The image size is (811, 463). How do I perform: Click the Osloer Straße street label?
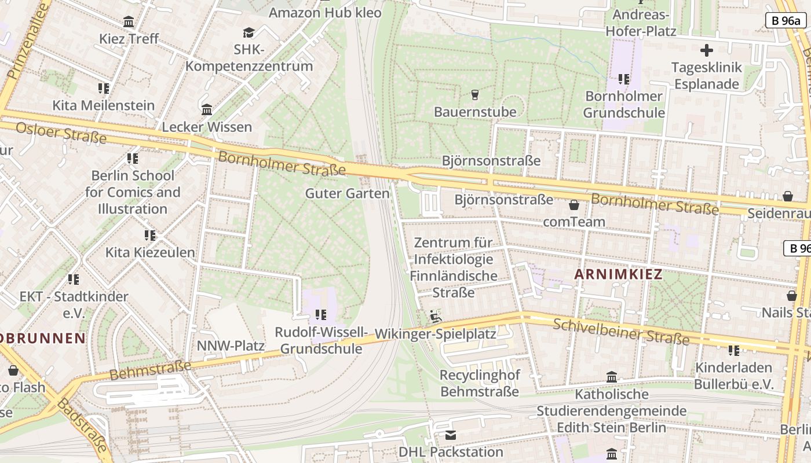(61, 133)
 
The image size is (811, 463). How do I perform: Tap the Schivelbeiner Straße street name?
(621, 332)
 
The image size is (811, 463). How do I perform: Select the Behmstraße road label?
(150, 370)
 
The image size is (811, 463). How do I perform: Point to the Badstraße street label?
(84, 425)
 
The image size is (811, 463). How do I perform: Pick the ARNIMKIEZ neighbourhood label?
(618, 275)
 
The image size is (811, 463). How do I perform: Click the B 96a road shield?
(786, 20)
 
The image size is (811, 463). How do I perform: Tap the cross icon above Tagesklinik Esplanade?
(706, 50)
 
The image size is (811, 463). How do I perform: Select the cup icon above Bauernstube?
(475, 94)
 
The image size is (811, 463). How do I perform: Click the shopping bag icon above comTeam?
(573, 205)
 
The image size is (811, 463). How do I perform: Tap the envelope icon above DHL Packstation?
(451, 435)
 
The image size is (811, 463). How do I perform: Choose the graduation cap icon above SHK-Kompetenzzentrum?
(249, 32)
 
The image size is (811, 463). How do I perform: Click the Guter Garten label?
(347, 193)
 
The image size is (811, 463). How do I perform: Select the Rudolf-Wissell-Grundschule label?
(321, 340)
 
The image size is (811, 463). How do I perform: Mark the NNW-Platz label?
(231, 346)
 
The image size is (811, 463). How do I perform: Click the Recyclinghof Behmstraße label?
(480, 383)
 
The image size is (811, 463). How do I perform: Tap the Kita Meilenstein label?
(104, 105)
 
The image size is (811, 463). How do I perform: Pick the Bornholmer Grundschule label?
(624, 104)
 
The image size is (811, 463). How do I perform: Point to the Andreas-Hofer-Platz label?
(641, 23)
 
